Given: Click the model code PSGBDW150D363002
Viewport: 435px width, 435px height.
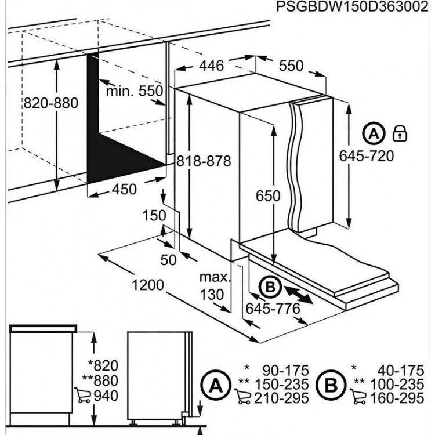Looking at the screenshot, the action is tap(352, 6).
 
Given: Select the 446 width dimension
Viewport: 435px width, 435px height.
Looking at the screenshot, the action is tap(211, 66).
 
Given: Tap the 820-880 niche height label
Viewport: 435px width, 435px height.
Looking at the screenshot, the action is tap(51, 103).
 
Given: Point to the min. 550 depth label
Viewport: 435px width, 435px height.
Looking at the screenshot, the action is tap(135, 90).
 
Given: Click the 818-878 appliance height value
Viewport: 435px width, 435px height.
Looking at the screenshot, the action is tap(204, 161).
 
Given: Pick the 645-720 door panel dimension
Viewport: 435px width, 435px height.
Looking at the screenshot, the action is tap(367, 155).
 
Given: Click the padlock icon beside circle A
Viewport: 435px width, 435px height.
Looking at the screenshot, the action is tap(400, 133).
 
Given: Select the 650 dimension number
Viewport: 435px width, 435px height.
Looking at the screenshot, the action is tap(268, 196).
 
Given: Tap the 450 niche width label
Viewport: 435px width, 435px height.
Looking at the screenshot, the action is tap(124, 190).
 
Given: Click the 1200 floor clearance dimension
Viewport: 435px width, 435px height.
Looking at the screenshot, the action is tap(148, 285).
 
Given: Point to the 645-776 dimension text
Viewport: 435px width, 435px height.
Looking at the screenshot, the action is tap(273, 309).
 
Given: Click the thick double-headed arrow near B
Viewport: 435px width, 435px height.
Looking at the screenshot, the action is tap(299, 296).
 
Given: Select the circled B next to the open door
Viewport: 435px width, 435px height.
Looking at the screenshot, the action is tap(270, 287).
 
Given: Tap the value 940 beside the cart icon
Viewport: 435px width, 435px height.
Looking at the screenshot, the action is tap(106, 396).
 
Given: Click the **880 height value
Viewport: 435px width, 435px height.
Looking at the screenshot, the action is tap(100, 380).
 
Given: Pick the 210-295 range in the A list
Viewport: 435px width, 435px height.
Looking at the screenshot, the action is tap(281, 398).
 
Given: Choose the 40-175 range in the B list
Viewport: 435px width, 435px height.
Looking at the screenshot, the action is tap(401, 371).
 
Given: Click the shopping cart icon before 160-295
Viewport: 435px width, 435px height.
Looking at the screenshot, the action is tap(358, 397).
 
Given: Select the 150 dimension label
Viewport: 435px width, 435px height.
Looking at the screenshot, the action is tap(154, 216).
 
